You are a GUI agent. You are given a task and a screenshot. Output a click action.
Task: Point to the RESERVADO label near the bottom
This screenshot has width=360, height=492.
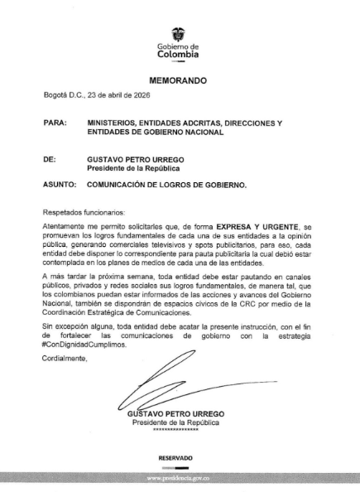click(175, 457)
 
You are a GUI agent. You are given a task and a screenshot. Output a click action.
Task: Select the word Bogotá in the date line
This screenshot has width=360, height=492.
click(57, 96)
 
